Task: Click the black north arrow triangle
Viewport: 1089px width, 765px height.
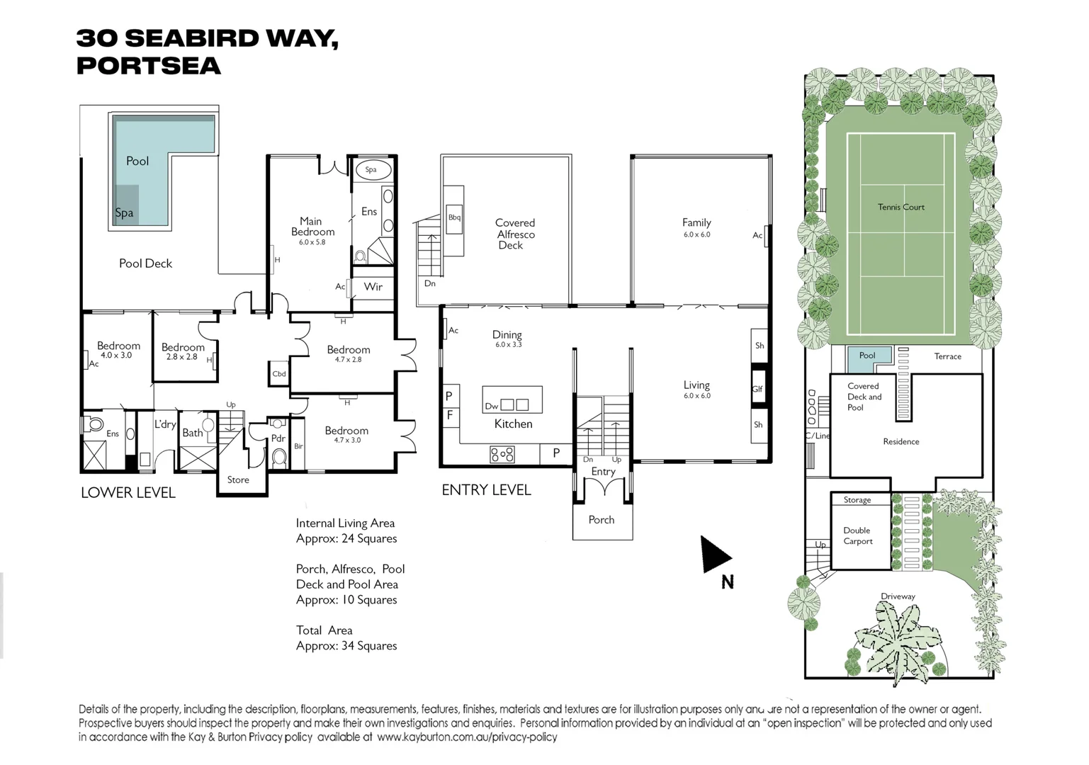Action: point(713,555)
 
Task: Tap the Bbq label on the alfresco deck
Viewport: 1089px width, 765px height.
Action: point(454,217)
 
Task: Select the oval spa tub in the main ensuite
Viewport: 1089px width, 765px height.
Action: point(373,170)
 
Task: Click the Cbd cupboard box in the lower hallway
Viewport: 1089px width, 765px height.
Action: point(279,374)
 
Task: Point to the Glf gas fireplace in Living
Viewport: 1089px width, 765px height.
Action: point(758,389)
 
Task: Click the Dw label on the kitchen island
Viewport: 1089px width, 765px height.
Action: point(492,407)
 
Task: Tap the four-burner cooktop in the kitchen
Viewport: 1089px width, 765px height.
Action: point(502,455)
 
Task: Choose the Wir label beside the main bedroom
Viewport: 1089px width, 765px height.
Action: point(373,287)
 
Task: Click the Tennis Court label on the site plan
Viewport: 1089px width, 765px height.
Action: point(901,207)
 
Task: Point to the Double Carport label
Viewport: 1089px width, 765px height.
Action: point(857,535)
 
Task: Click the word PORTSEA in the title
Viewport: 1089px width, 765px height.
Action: point(149,66)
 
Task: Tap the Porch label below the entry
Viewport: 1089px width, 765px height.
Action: point(602,519)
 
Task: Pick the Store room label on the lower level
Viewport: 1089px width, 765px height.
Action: point(238,480)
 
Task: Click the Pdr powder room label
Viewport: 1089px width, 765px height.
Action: point(278,438)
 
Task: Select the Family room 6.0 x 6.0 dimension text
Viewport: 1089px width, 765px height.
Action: point(696,234)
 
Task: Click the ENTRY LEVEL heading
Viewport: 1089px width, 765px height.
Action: point(486,490)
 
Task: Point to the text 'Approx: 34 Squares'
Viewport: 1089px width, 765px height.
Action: point(346,646)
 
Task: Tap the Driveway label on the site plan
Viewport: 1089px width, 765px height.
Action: point(898,596)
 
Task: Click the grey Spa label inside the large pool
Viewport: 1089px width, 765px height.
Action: point(124,213)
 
